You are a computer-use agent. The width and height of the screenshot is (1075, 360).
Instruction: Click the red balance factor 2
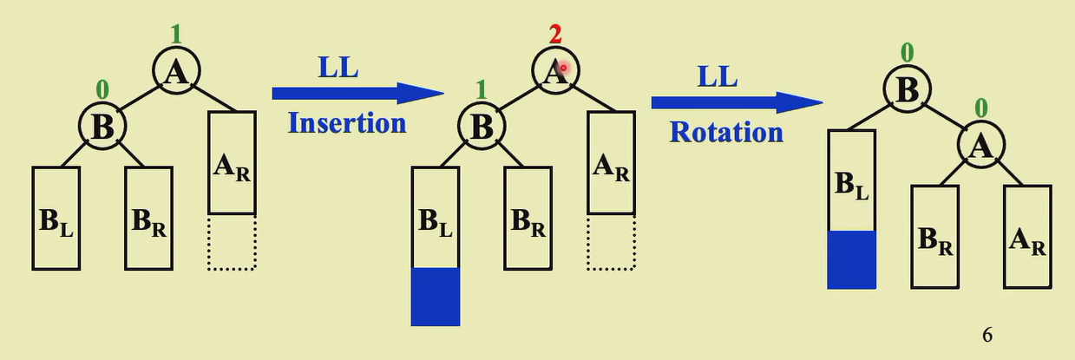[x=554, y=34]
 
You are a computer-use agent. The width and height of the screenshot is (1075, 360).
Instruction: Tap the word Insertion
[x=347, y=122]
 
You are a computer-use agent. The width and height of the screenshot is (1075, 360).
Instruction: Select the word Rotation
[x=726, y=132]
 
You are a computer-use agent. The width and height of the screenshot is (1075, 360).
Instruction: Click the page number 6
[x=987, y=334]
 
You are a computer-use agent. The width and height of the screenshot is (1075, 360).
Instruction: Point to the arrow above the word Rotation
[x=736, y=102]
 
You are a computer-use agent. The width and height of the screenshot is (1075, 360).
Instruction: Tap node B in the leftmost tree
[x=103, y=127]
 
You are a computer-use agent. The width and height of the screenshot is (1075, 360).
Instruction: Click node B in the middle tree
[x=482, y=127]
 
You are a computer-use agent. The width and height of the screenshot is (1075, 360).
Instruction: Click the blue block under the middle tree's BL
[x=435, y=297]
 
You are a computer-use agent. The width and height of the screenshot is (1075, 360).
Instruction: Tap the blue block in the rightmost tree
[x=851, y=259]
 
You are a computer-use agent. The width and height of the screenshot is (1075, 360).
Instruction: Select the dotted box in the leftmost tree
[x=232, y=243]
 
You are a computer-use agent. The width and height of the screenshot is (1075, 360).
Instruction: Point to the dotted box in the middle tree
[x=611, y=243]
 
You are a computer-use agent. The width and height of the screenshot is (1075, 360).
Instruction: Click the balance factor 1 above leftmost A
[x=176, y=34]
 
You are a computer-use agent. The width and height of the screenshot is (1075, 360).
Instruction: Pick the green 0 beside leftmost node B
[x=102, y=88]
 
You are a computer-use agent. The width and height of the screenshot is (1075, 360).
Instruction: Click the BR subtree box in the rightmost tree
[x=934, y=236]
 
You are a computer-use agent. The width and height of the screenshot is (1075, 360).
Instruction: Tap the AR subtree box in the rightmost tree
[x=1027, y=236]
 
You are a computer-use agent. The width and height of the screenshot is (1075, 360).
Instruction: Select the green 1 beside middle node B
[x=482, y=88]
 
